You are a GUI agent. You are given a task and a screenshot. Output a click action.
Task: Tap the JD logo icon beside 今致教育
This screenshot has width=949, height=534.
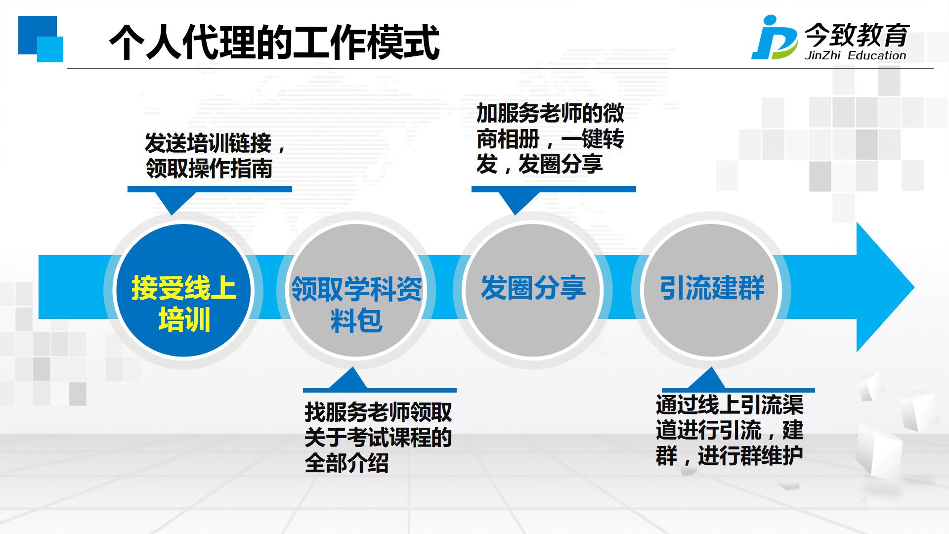pos(774,38)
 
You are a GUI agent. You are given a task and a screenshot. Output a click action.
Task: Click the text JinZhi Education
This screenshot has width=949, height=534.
pos(855,55)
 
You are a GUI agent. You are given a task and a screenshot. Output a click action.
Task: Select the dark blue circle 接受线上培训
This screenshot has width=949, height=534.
pos(183,290)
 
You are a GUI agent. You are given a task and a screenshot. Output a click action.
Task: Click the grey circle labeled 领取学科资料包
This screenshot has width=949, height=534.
pos(356,290)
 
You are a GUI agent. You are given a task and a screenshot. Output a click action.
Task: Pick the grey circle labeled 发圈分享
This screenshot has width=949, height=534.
pos(533,290)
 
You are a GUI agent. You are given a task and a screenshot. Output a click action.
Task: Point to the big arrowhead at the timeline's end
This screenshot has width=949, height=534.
pos(885,287)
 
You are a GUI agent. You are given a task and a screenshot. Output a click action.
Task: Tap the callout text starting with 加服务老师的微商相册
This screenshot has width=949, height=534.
pos(550,139)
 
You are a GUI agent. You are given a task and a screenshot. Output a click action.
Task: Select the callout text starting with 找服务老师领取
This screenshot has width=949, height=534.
pos(378,438)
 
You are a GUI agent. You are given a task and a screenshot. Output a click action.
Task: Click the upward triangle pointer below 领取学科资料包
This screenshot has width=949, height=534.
pos(348,379)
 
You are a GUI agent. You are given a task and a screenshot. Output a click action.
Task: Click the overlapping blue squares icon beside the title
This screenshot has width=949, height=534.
pos(41,39)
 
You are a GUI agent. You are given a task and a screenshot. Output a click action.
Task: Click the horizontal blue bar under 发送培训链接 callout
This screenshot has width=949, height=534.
pos(210,189)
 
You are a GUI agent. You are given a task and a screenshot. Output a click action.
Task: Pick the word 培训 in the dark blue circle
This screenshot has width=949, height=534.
pos(184,319)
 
